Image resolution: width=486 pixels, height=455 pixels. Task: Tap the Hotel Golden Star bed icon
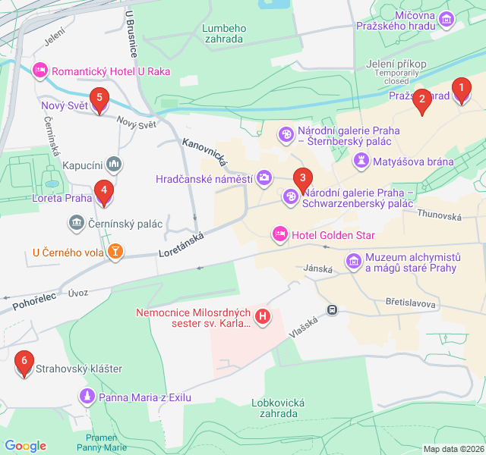(x=279, y=234)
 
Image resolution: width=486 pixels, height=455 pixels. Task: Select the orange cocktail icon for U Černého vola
(x=115, y=251)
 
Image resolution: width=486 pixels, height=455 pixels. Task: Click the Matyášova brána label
(x=414, y=161)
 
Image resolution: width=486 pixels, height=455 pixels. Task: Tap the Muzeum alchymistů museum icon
(x=353, y=262)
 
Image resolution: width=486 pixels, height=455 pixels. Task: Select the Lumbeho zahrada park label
(x=222, y=33)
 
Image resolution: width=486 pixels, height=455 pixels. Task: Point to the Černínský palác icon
(x=76, y=222)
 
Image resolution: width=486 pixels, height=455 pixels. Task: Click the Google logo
(x=26, y=446)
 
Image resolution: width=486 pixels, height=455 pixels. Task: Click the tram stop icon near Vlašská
(x=332, y=309)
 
